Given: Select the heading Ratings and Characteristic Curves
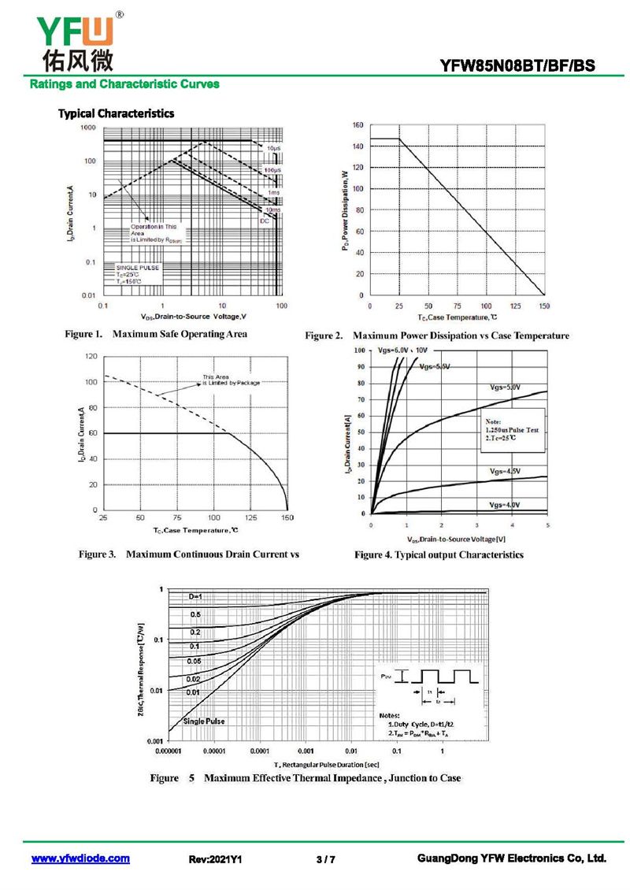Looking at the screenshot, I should click(x=124, y=84).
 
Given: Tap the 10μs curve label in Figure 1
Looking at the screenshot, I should click(x=272, y=148).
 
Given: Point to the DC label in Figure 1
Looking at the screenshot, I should click(x=265, y=221).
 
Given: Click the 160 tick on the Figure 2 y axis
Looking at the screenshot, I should click(x=357, y=125).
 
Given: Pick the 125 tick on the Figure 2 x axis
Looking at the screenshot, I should click(x=515, y=306).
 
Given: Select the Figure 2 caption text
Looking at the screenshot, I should click(x=437, y=336).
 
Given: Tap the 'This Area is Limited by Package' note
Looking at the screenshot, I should click(x=230, y=380).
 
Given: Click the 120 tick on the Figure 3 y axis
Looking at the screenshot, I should click(x=91, y=357).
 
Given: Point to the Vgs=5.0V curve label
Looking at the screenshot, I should click(x=505, y=387).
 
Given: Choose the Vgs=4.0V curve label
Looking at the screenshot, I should click(x=504, y=504).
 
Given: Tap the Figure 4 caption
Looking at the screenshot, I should click(x=439, y=555).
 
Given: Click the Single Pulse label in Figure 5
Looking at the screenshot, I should click(x=204, y=721).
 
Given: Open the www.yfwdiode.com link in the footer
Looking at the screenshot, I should click(x=80, y=858).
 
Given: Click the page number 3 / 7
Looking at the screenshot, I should click(x=325, y=859).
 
